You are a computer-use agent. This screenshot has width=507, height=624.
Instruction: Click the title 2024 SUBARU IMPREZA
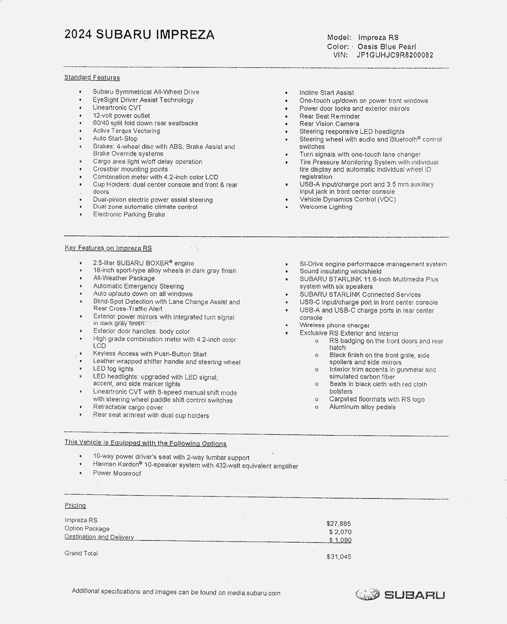(139, 35)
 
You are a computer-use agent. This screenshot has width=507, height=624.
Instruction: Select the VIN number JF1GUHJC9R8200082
(395, 55)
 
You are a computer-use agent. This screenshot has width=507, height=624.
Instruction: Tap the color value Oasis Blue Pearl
(387, 46)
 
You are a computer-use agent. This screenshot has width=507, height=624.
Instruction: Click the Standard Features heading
(92, 78)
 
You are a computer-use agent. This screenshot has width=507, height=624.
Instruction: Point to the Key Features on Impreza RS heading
(108, 248)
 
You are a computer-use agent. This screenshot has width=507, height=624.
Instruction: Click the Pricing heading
(75, 505)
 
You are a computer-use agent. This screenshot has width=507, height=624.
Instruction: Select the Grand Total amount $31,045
(339, 557)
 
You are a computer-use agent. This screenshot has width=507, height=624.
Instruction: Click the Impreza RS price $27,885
(339, 523)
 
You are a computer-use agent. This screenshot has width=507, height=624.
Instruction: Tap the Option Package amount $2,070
(340, 532)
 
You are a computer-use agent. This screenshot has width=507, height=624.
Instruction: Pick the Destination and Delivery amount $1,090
(340, 540)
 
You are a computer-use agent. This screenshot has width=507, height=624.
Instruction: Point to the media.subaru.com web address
(253, 593)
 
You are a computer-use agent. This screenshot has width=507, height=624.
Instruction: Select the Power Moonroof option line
(117, 473)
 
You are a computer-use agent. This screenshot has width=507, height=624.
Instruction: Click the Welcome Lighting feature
(326, 207)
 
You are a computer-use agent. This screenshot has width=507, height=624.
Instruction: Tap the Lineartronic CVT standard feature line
(117, 107)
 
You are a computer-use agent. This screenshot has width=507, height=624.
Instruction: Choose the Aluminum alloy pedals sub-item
(362, 407)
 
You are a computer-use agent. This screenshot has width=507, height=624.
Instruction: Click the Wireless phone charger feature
(334, 325)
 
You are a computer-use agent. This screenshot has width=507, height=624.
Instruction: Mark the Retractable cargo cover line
(128, 407)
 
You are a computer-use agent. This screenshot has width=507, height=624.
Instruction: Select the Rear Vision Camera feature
(329, 124)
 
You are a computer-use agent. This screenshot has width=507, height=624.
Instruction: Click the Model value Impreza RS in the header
(378, 38)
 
